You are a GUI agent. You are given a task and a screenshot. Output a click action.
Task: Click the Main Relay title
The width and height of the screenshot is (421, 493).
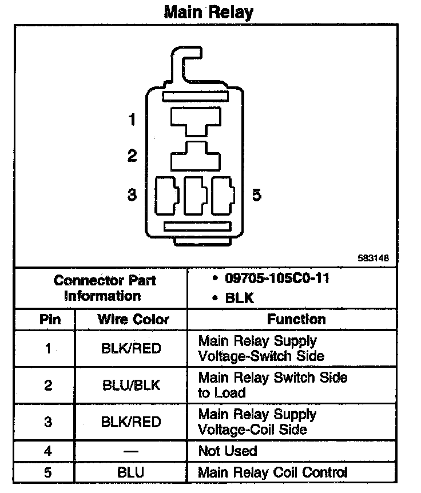coord(209,12)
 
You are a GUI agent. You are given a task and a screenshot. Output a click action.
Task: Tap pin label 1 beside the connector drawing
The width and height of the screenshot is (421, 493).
coord(132,120)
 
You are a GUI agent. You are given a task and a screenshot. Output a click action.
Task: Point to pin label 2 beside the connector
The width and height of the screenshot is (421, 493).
coord(132,156)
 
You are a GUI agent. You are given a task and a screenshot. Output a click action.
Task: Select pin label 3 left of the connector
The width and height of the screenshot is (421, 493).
coord(132,195)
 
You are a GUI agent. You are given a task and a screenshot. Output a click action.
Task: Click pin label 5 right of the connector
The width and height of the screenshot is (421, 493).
coord(257,195)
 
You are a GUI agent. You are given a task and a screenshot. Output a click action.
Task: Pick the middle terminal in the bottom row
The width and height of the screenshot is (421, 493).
coord(194,195)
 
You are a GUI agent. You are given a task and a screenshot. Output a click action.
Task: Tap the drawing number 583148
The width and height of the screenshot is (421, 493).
coord(374,258)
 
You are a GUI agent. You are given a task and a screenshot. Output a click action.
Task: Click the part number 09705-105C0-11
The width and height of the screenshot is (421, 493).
coord(277,280)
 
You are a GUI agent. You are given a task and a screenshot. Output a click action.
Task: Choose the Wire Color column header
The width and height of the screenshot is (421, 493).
coord(133,319)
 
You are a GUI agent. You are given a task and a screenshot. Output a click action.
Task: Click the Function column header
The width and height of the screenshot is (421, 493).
coord(296,319)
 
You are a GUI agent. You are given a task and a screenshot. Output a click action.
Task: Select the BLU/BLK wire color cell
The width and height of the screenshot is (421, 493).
coord(130,385)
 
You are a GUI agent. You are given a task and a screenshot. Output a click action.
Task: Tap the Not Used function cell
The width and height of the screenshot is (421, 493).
coord(228,451)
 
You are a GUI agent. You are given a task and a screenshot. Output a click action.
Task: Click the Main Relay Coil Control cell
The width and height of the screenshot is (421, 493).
coord(272,472)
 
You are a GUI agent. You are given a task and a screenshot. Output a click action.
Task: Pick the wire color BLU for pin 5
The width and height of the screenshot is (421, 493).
coord(130,472)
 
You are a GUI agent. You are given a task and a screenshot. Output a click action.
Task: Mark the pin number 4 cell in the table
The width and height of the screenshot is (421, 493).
coord(48,451)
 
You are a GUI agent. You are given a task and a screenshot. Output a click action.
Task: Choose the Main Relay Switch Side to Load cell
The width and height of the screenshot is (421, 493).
coord(272,385)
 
